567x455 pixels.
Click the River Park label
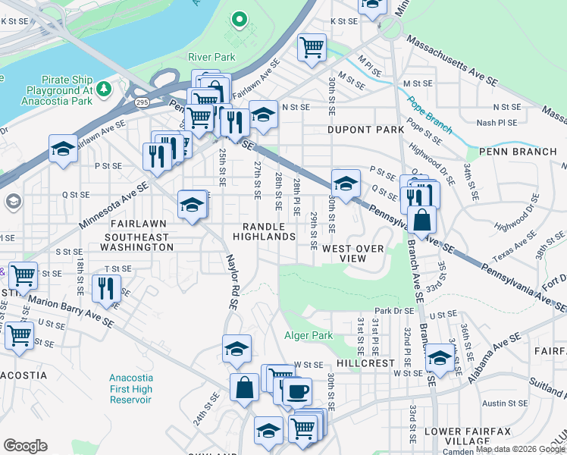pos(211,57)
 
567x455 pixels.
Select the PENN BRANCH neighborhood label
pos(522,152)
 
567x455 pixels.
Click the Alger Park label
pos(309,335)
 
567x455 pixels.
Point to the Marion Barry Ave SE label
pos(71,311)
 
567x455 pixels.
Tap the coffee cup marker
pos(297,391)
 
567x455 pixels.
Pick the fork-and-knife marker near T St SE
pos(105,288)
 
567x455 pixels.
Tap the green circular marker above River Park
pos(240,20)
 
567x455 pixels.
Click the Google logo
pos(25,446)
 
